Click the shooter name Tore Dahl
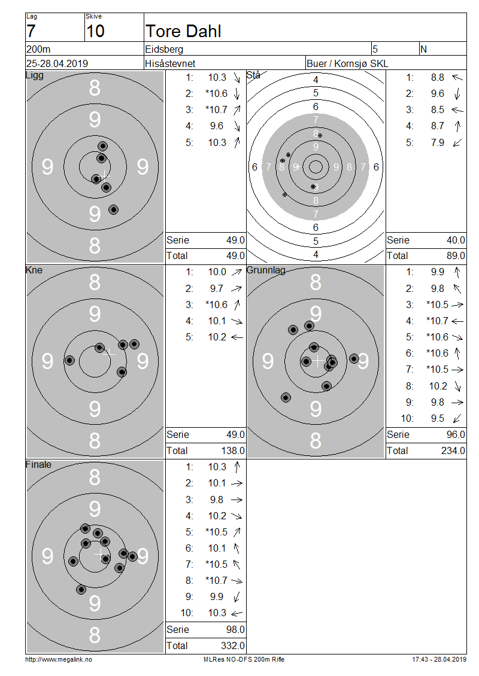point(183,31)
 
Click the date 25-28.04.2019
point(57,63)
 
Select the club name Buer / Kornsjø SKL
point(347,63)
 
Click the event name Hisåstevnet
point(169,63)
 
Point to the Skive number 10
point(95,31)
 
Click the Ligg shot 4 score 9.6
point(217,126)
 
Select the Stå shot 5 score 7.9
point(438,142)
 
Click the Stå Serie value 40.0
point(456,240)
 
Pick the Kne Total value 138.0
point(233,450)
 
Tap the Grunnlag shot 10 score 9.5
point(438,418)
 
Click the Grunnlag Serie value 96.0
point(456,434)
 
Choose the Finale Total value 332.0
point(233,645)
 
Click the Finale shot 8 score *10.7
point(216,580)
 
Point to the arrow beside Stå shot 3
point(457,110)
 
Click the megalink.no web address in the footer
point(59,659)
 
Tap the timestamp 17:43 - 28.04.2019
point(439,659)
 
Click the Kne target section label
point(34,270)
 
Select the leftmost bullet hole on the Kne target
point(69,360)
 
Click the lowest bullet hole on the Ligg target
point(114,209)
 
